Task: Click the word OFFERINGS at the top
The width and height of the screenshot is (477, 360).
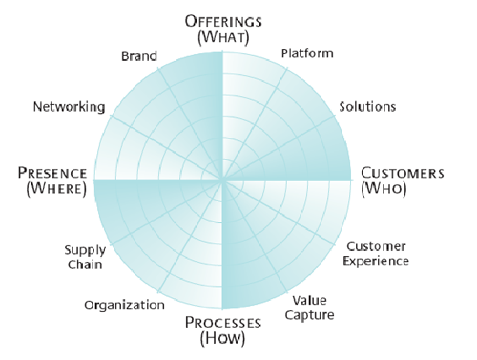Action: pyautogui.click(x=223, y=21)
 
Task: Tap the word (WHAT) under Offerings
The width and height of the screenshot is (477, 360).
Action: pyautogui.click(x=223, y=37)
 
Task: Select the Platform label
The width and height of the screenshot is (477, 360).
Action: pyautogui.click(x=307, y=53)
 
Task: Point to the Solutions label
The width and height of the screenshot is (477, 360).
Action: pyautogui.click(x=367, y=106)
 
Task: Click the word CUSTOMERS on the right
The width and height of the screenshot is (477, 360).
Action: pyautogui.click(x=403, y=173)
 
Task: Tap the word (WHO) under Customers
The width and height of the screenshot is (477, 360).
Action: pyautogui.click(x=384, y=188)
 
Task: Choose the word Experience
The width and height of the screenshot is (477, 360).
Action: pyautogui.click(x=376, y=261)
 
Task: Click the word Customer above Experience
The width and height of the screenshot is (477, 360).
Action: pyautogui.click(x=376, y=246)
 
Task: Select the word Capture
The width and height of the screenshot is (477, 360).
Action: pyautogui.click(x=309, y=315)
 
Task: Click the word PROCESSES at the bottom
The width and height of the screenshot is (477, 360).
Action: pyautogui.click(x=223, y=323)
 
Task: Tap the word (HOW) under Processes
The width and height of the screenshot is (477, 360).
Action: pyautogui.click(x=222, y=338)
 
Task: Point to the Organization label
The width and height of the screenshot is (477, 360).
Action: pyautogui.click(x=124, y=306)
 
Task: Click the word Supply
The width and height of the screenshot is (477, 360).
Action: pyautogui.click(x=85, y=250)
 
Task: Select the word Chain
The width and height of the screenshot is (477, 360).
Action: pyautogui.click(x=85, y=265)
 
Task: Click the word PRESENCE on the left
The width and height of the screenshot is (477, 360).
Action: pyautogui.click(x=52, y=173)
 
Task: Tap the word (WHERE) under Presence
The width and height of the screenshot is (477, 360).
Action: pyautogui.click(x=56, y=189)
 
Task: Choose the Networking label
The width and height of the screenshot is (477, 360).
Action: pyautogui.click(x=69, y=107)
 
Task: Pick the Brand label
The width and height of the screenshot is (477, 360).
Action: pyautogui.click(x=139, y=56)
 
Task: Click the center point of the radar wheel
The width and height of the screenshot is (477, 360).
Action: pyautogui.click(x=222, y=180)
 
